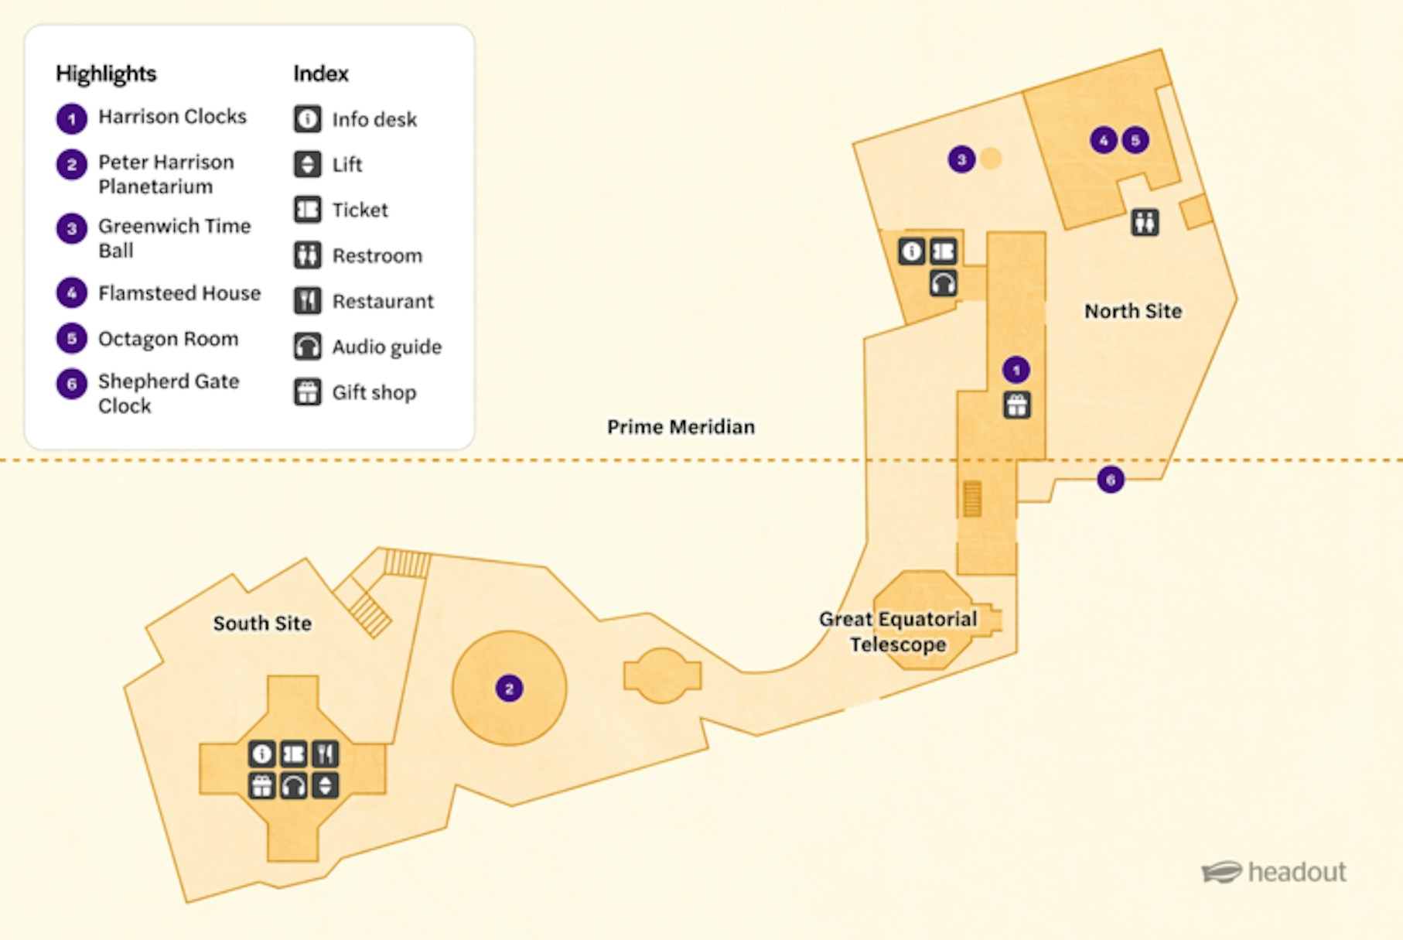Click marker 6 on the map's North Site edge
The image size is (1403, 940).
pyautogui.click(x=1111, y=480)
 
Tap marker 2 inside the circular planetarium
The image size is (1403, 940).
pyautogui.click(x=509, y=688)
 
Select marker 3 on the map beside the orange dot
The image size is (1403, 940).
pyautogui.click(x=961, y=159)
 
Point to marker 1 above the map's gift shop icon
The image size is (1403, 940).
pyautogui.click(x=1016, y=370)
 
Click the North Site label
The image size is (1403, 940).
pyautogui.click(x=1132, y=311)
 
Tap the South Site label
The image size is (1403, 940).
pyautogui.click(x=262, y=623)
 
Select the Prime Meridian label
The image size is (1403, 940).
pyautogui.click(x=681, y=427)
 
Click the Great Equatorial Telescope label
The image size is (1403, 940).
pyautogui.click(x=898, y=631)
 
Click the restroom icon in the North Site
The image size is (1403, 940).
pyautogui.click(x=1145, y=222)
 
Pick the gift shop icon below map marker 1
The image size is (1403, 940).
pyautogui.click(x=1016, y=405)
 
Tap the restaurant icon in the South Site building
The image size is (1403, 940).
pyautogui.click(x=326, y=754)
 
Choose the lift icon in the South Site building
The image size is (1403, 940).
pyautogui.click(x=326, y=785)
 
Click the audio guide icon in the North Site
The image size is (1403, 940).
pyautogui.click(x=943, y=283)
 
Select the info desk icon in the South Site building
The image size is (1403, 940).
pyautogui.click(x=262, y=754)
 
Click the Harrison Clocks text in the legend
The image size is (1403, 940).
pyautogui.click(x=172, y=117)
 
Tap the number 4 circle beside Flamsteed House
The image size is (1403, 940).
pyautogui.click(x=72, y=292)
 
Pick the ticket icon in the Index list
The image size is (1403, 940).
pyautogui.click(x=308, y=210)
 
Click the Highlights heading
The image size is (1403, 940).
pyautogui.click(x=106, y=73)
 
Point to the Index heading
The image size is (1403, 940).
pyautogui.click(x=321, y=73)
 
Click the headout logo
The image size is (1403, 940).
pyautogui.click(x=1274, y=872)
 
